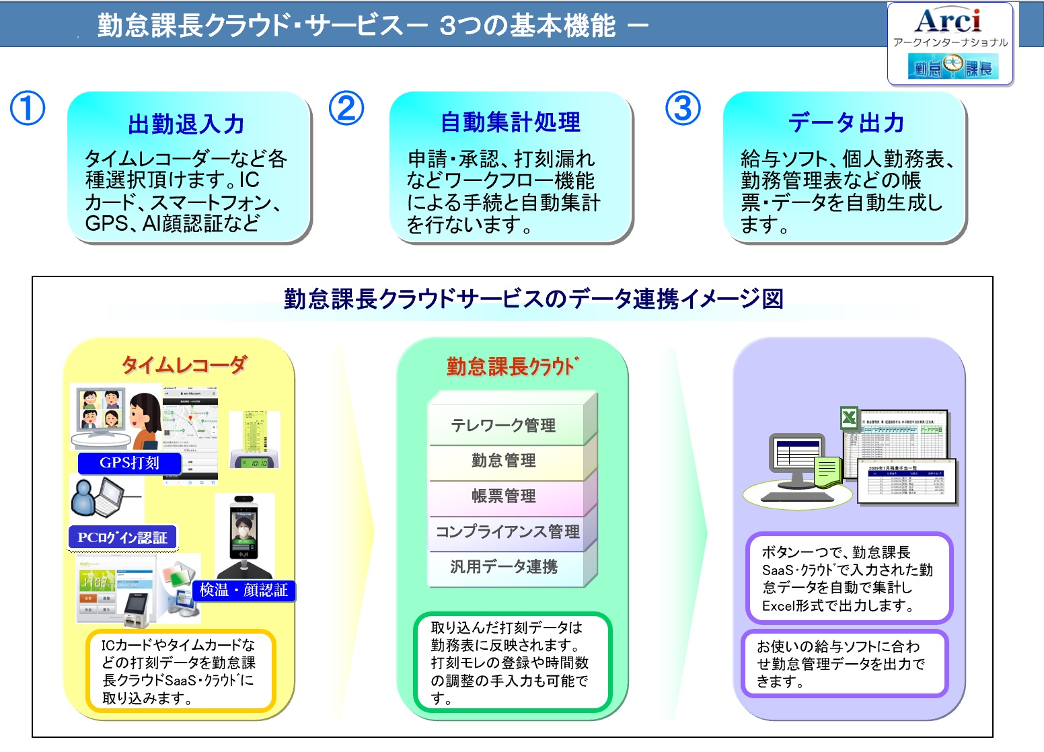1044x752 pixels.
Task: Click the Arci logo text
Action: (948, 21)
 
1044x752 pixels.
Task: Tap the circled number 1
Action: (28, 108)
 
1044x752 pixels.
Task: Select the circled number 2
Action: (346, 108)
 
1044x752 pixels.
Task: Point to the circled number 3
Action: (683, 108)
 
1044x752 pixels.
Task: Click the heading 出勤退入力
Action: (186, 124)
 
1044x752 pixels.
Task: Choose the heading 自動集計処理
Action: (511, 122)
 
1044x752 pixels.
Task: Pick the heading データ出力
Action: (846, 123)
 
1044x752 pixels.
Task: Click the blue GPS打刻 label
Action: (129, 463)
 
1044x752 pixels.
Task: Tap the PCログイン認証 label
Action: (122, 537)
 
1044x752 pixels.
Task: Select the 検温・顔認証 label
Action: (244, 590)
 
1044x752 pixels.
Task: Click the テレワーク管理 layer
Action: (503, 425)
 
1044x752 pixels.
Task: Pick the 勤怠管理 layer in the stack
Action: (503, 461)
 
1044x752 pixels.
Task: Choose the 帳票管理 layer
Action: (503, 496)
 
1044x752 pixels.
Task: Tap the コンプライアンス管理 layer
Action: (507, 532)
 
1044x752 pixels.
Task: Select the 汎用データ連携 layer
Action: (503, 567)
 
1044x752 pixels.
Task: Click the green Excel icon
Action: (850, 418)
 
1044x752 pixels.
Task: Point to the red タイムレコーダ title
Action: (184, 365)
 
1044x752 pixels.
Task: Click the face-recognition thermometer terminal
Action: (244, 531)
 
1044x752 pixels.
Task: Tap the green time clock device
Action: (254, 439)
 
